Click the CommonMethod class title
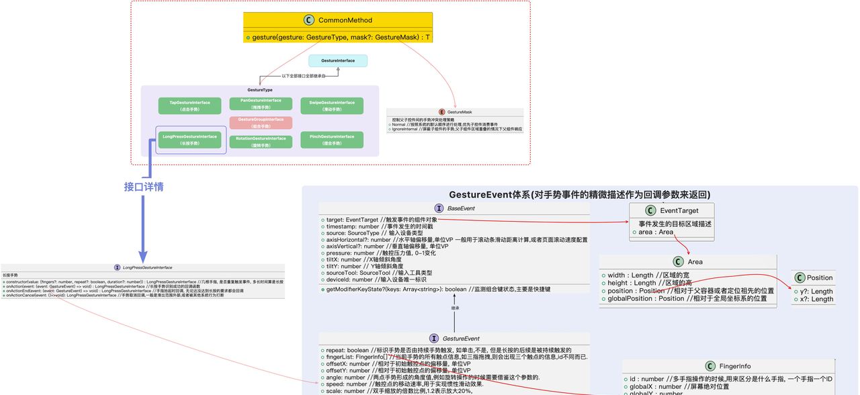[x=345, y=20]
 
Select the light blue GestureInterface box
[x=338, y=61]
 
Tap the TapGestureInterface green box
[x=189, y=105]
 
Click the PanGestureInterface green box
[x=260, y=103]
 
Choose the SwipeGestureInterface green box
[x=332, y=105]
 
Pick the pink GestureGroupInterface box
[x=260, y=122]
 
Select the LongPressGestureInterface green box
[x=189, y=140]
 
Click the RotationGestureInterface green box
[x=260, y=141]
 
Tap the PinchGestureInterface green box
[x=332, y=140]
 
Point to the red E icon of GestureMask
[x=441, y=112]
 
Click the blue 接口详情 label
[x=144, y=187]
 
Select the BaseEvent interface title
[x=461, y=208]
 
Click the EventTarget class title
[x=679, y=211]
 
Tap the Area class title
[x=695, y=261]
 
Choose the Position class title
[x=819, y=277]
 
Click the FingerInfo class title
[x=734, y=366]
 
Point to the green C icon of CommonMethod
[x=309, y=20]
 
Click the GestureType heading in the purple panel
[x=260, y=89]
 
